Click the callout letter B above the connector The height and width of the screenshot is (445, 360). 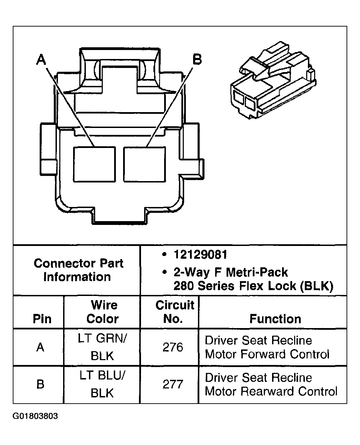(x=197, y=59)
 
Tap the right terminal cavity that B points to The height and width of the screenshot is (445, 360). (x=144, y=164)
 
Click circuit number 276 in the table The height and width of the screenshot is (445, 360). (x=172, y=347)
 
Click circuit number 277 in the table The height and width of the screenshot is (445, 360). (x=172, y=384)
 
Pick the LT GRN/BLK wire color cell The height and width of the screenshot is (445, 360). (x=102, y=347)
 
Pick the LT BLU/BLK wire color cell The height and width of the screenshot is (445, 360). (x=102, y=384)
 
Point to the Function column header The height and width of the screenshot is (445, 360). (x=275, y=319)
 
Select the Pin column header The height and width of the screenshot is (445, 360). (x=42, y=319)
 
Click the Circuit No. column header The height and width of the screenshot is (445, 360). (x=174, y=312)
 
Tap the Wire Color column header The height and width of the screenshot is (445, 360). (x=103, y=312)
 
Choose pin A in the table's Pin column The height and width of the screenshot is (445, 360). (x=40, y=347)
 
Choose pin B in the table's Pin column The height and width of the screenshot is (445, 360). (x=40, y=384)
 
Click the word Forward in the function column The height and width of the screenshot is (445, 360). (x=266, y=354)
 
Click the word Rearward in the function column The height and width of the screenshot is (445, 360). (x=268, y=391)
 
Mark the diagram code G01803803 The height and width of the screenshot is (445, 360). (x=35, y=416)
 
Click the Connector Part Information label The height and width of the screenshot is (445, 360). (x=78, y=270)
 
